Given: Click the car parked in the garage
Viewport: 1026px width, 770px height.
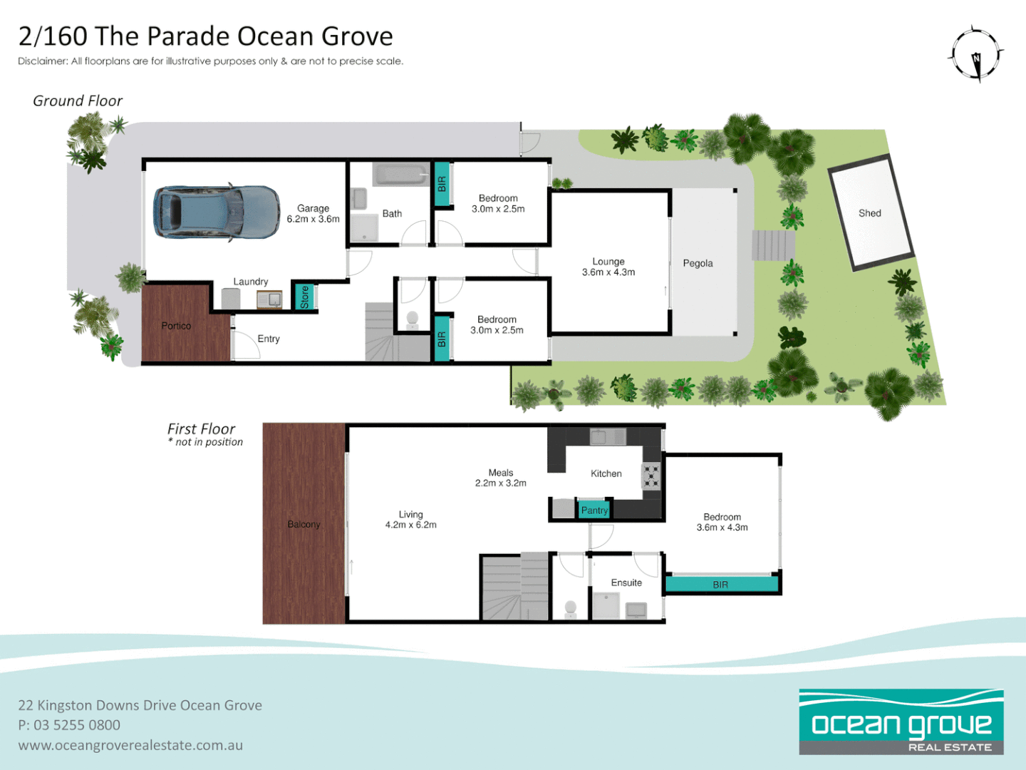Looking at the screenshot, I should click(x=216, y=212).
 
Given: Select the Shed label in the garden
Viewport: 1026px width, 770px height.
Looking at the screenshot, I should click(x=869, y=213).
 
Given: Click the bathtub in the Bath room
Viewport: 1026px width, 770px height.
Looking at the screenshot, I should click(x=401, y=175).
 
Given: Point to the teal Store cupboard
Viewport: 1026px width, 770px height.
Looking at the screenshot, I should click(x=304, y=297).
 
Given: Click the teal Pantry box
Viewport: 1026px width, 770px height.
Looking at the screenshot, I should click(x=594, y=510).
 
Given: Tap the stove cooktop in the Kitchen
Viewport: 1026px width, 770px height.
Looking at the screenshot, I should click(x=651, y=476).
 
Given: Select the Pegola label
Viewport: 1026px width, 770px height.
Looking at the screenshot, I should click(x=698, y=263).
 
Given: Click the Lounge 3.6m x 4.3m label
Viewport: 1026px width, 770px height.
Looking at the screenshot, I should click(x=608, y=267).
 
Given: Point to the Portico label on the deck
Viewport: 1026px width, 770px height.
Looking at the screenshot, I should click(x=176, y=326).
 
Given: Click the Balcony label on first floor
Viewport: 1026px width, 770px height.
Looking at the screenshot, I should click(x=304, y=524).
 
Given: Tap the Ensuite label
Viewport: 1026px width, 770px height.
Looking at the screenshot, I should click(x=626, y=582).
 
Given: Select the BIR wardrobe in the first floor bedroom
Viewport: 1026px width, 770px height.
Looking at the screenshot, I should click(x=720, y=585).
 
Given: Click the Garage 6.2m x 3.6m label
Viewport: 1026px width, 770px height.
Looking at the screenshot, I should click(x=313, y=214).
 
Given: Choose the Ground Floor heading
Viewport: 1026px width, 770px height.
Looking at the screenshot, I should click(x=78, y=101).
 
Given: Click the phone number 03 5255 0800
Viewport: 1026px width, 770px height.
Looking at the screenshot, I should click(x=77, y=725).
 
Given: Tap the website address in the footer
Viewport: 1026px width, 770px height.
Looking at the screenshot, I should click(x=130, y=745).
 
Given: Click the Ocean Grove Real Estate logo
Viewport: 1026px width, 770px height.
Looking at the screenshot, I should click(x=901, y=722).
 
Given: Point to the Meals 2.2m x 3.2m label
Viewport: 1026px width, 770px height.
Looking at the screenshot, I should click(x=501, y=478).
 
